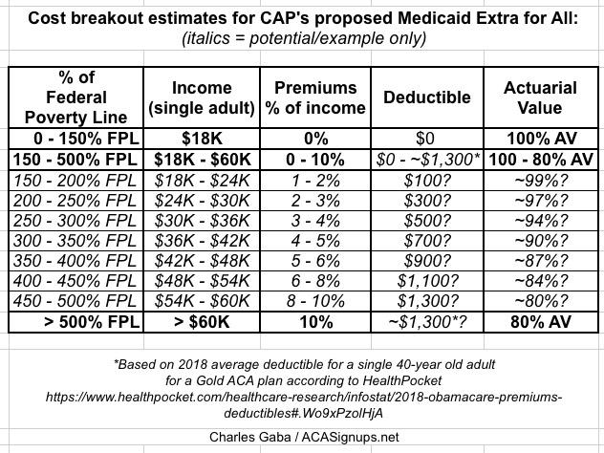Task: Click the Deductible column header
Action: point(427,97)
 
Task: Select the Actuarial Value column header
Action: point(540,97)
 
